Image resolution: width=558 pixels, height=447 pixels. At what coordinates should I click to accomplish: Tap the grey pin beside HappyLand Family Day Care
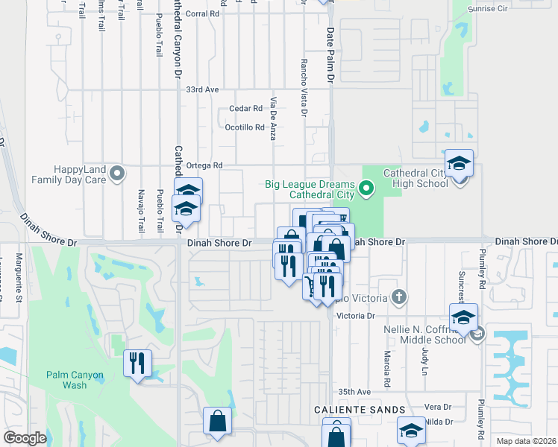pos(117,175)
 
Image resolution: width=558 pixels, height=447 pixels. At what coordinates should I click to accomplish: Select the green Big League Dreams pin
pos(366,188)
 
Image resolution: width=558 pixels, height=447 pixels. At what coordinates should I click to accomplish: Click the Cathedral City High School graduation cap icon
pos(460,162)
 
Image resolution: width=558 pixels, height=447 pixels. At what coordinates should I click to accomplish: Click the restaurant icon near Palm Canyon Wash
pos(137,363)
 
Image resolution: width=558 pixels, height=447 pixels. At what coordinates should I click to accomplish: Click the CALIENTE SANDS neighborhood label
pos(360,410)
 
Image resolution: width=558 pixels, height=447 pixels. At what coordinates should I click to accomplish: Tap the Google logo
pos(25,438)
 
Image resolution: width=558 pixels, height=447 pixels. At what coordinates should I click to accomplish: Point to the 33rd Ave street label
pos(201,89)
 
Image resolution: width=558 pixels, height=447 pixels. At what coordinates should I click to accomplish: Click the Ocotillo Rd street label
pos(245,127)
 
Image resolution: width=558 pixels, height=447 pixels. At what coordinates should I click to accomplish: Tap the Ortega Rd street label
pos(205,165)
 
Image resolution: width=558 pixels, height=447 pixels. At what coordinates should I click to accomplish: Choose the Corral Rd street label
pos(204,13)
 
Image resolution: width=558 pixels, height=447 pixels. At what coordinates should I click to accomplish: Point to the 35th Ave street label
pos(354,392)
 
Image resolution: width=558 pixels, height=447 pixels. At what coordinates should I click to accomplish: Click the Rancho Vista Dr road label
pos(304,89)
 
